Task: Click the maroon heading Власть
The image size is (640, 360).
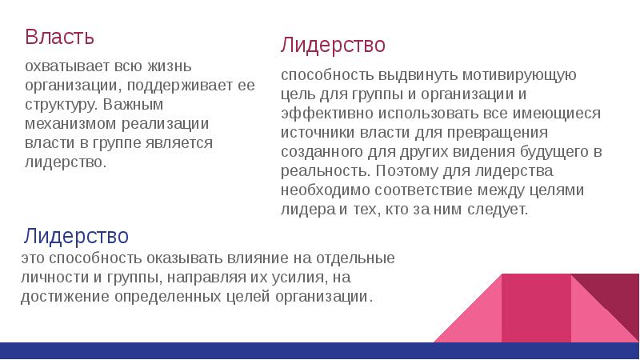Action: [60, 37]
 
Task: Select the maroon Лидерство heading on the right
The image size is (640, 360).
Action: [333, 45]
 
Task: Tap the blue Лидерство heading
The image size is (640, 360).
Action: [76, 236]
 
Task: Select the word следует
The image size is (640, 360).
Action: [500, 210]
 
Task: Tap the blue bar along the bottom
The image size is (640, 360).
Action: [320, 350]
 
